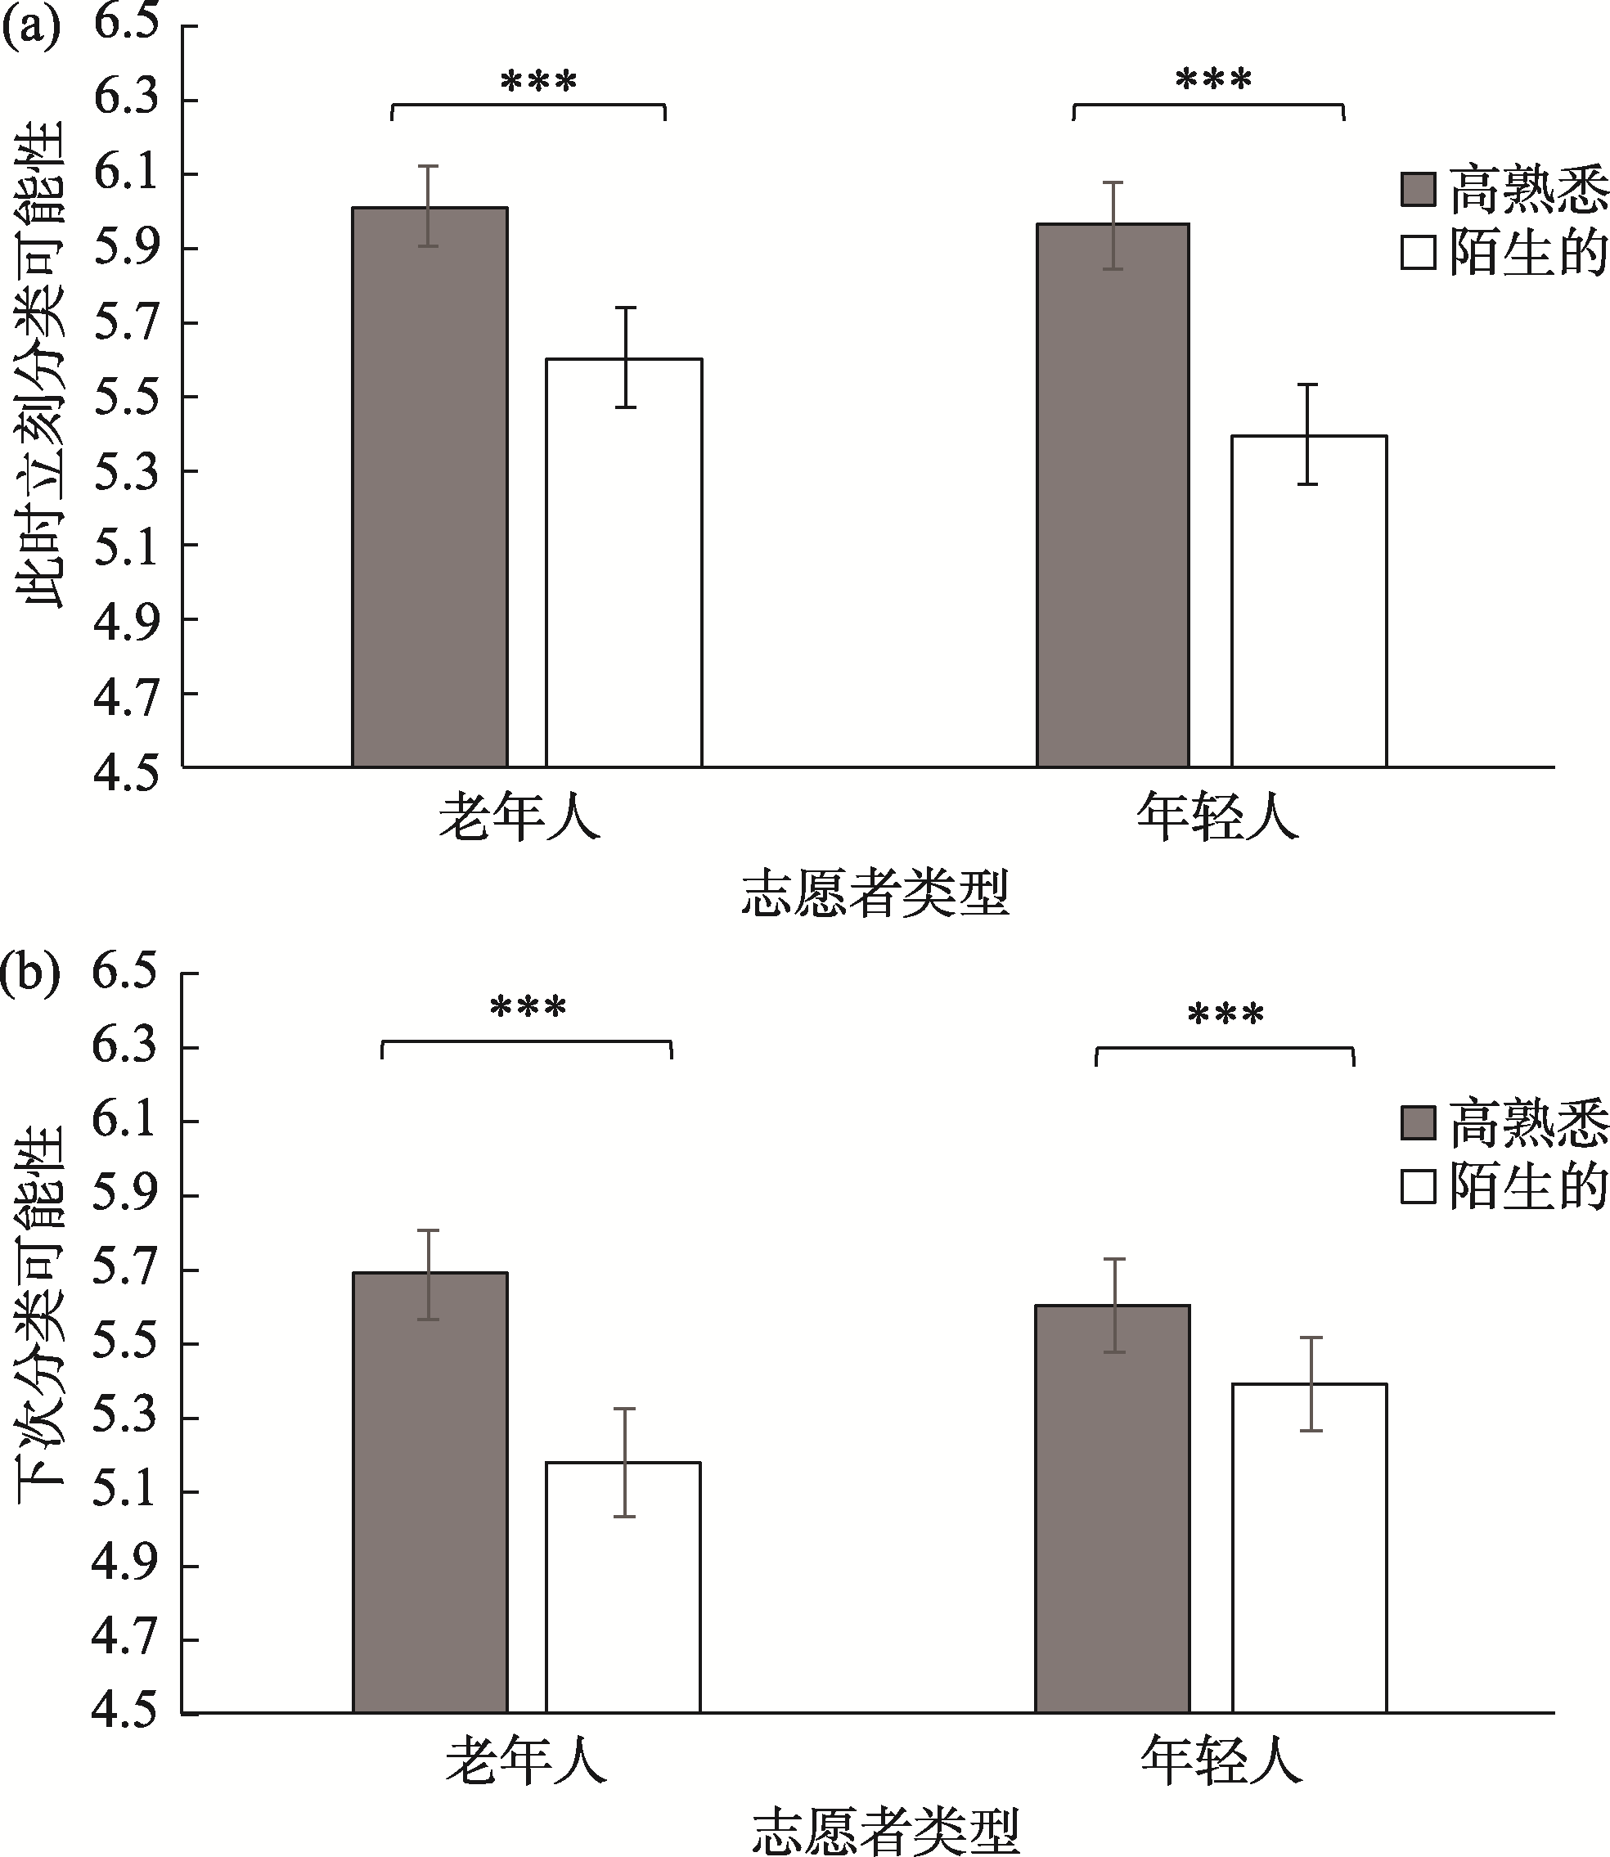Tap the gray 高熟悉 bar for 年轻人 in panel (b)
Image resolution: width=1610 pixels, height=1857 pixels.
(x=1113, y=1509)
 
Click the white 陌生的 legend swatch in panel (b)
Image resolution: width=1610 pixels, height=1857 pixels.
(x=1419, y=1187)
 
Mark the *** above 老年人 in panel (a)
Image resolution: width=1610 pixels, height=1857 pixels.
(x=537, y=82)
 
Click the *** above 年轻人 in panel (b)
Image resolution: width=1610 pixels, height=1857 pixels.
(x=1225, y=1015)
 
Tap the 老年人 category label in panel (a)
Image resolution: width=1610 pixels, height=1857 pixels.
(x=519, y=816)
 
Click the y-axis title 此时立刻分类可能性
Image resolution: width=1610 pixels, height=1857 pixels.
(x=43, y=364)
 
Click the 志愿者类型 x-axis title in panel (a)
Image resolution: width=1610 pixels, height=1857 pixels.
(x=876, y=893)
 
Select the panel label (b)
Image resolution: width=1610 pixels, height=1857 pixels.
(x=30, y=973)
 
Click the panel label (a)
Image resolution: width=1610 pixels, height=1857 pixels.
(x=30, y=27)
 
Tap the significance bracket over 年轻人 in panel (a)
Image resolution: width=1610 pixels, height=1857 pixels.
(x=1208, y=106)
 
